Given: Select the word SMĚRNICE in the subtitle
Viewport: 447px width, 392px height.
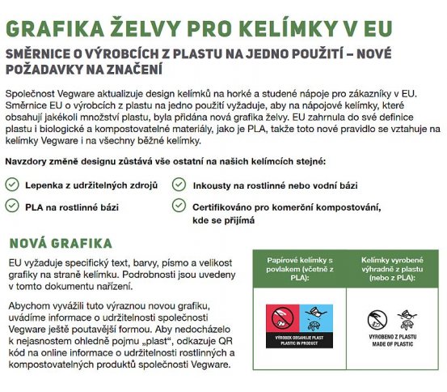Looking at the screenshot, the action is click(42, 53).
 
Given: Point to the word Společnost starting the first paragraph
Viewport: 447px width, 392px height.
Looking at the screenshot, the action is click(31, 92).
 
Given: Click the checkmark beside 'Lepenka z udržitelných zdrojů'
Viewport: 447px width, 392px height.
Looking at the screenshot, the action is click(12, 185).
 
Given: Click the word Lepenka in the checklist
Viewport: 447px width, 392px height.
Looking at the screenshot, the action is click(47, 185).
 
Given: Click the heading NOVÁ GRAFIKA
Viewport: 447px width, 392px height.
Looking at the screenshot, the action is click(61, 244).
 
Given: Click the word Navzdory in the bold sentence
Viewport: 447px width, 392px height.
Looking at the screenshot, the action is click(28, 163).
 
